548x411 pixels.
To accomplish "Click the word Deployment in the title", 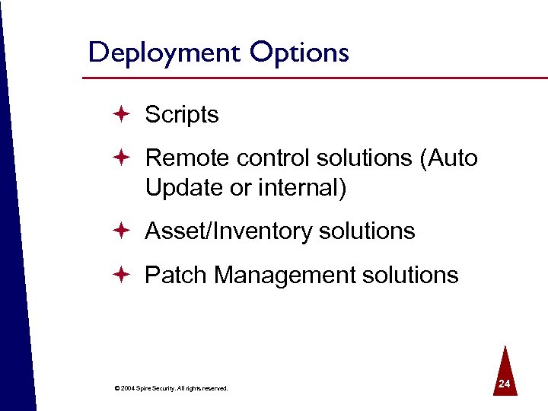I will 162,53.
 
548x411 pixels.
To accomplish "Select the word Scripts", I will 182,115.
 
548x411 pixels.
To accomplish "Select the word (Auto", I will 448,158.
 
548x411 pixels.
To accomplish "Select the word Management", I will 288,275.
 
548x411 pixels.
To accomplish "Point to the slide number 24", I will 502,386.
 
